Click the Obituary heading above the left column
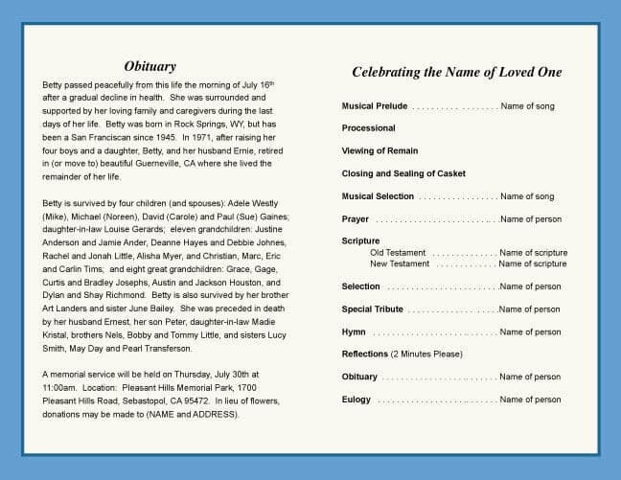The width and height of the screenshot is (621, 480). [x=149, y=67]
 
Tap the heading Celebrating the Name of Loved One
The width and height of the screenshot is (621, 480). [x=457, y=72]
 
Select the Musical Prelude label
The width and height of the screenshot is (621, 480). [x=376, y=105]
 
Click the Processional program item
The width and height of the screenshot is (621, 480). [x=369, y=128]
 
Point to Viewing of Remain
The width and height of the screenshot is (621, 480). [x=379, y=151]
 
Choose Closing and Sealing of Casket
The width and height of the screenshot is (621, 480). [x=402, y=173]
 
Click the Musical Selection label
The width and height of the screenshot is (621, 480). [x=378, y=196]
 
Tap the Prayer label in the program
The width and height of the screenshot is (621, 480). [x=356, y=219]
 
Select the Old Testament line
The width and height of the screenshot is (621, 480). [x=400, y=253]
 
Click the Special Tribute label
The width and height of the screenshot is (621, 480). [x=373, y=309]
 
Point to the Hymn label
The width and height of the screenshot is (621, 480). [x=354, y=331]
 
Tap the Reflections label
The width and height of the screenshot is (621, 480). [x=365, y=354]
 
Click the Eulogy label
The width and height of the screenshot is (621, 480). [x=356, y=400]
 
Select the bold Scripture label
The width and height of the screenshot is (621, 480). [x=361, y=241]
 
